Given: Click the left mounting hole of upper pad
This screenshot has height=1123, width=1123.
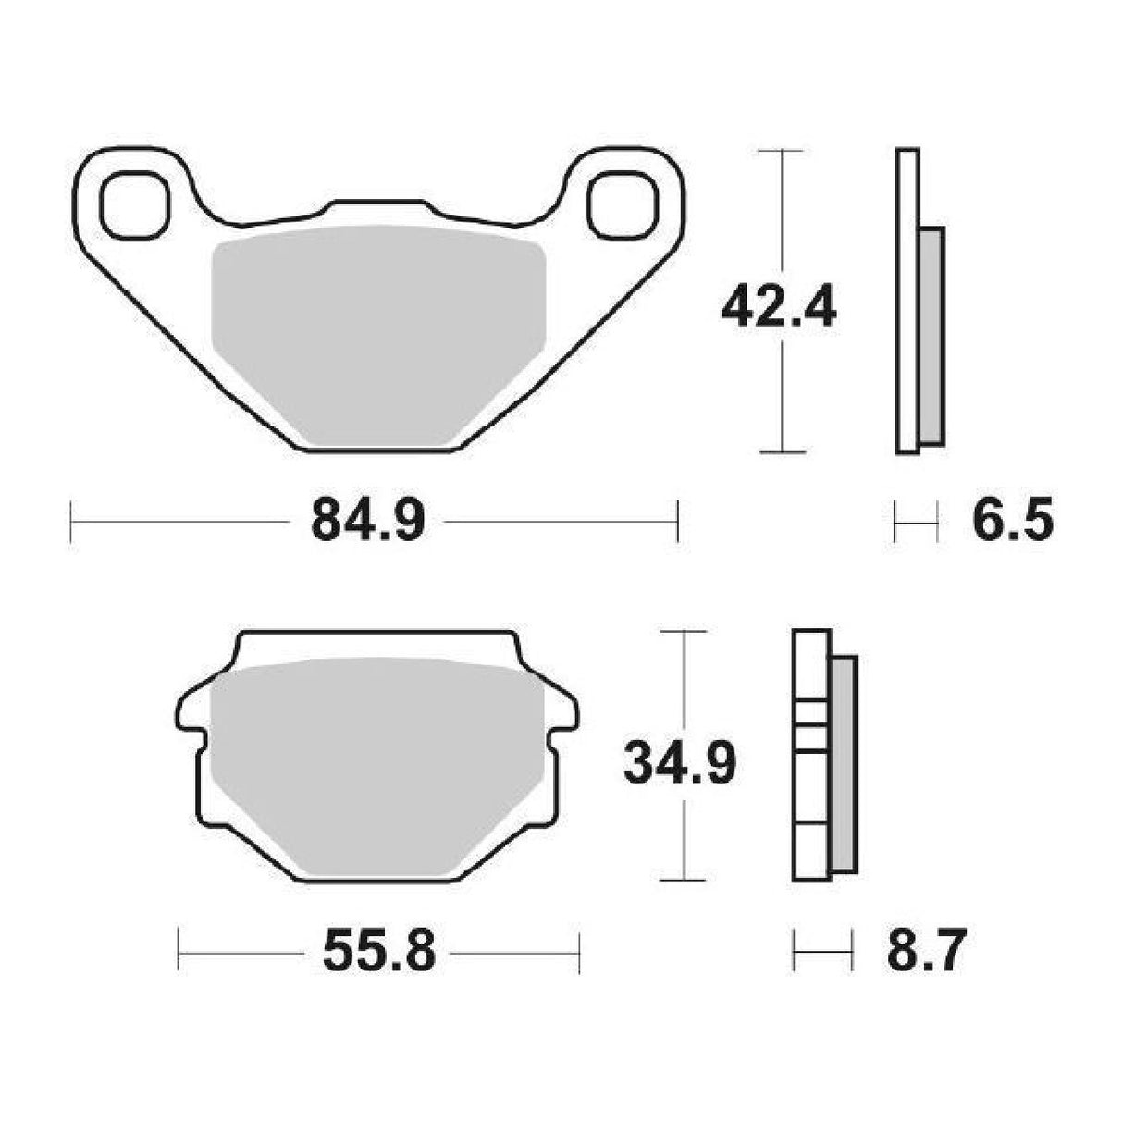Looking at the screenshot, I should pyautogui.click(x=136, y=204).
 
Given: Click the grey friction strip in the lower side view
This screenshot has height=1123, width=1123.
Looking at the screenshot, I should pyautogui.click(x=844, y=763).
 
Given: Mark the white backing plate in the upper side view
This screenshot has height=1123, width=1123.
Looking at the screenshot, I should pyautogui.click(x=907, y=301).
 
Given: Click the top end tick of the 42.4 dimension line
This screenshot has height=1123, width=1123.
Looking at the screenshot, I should pyautogui.click(x=784, y=150).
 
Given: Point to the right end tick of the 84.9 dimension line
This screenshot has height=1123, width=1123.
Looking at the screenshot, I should pyautogui.click(x=678, y=522).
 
